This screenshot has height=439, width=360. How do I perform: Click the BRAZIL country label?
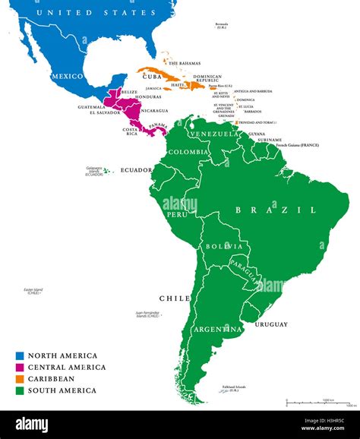coord(275,210)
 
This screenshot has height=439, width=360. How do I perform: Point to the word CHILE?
coord(174,298)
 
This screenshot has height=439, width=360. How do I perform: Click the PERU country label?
coord(176,215)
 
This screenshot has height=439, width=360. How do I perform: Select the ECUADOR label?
coord(137,170)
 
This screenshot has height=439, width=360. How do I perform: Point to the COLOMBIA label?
coord(188,152)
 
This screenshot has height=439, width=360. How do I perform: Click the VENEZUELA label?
coord(209,134)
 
